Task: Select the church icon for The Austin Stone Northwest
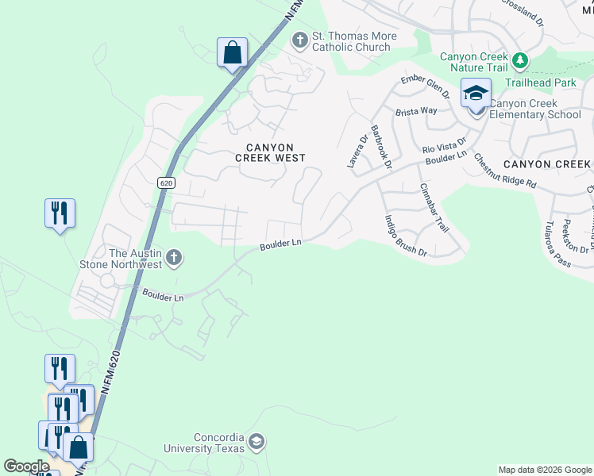point(175,258)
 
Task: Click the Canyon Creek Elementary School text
point(534,109)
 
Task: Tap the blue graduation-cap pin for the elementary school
point(476,94)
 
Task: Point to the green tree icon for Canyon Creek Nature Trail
point(520,60)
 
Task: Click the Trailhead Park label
point(554,82)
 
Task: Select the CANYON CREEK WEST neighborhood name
point(270,152)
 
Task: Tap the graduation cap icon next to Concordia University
point(256,441)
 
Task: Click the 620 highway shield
point(165,182)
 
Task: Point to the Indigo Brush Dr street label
point(405,236)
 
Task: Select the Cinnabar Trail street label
point(434,207)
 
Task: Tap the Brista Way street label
point(418,111)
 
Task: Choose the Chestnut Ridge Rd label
point(505,169)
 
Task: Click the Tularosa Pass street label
point(554,244)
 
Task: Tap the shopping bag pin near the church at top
point(232,53)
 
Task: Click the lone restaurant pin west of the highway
point(60,213)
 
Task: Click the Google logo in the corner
point(26,466)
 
